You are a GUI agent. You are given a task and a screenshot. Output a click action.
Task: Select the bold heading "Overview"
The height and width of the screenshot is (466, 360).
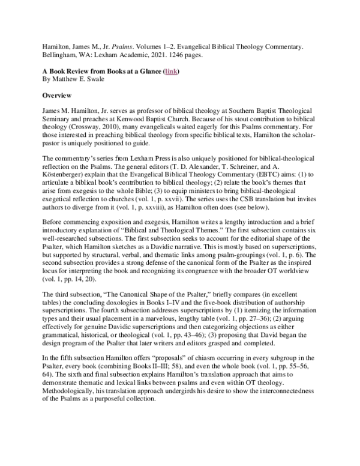click(x=58, y=95)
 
